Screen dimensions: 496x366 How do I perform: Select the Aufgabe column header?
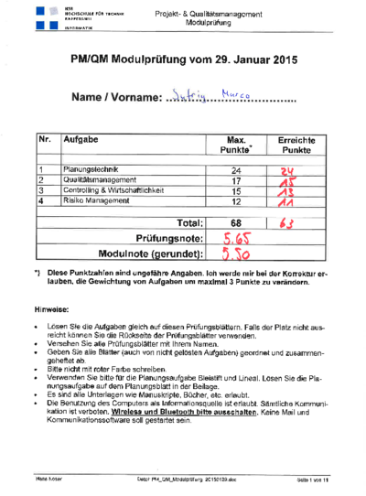[x=81, y=140]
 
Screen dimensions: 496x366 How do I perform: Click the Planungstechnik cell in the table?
[x=90, y=170]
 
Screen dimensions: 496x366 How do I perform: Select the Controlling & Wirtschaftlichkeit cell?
[x=113, y=190]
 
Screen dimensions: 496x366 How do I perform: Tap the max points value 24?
[x=236, y=170]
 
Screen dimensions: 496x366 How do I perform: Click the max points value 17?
[x=236, y=180]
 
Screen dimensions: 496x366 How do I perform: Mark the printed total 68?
[x=236, y=222]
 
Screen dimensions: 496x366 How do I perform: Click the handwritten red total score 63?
[x=285, y=222]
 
